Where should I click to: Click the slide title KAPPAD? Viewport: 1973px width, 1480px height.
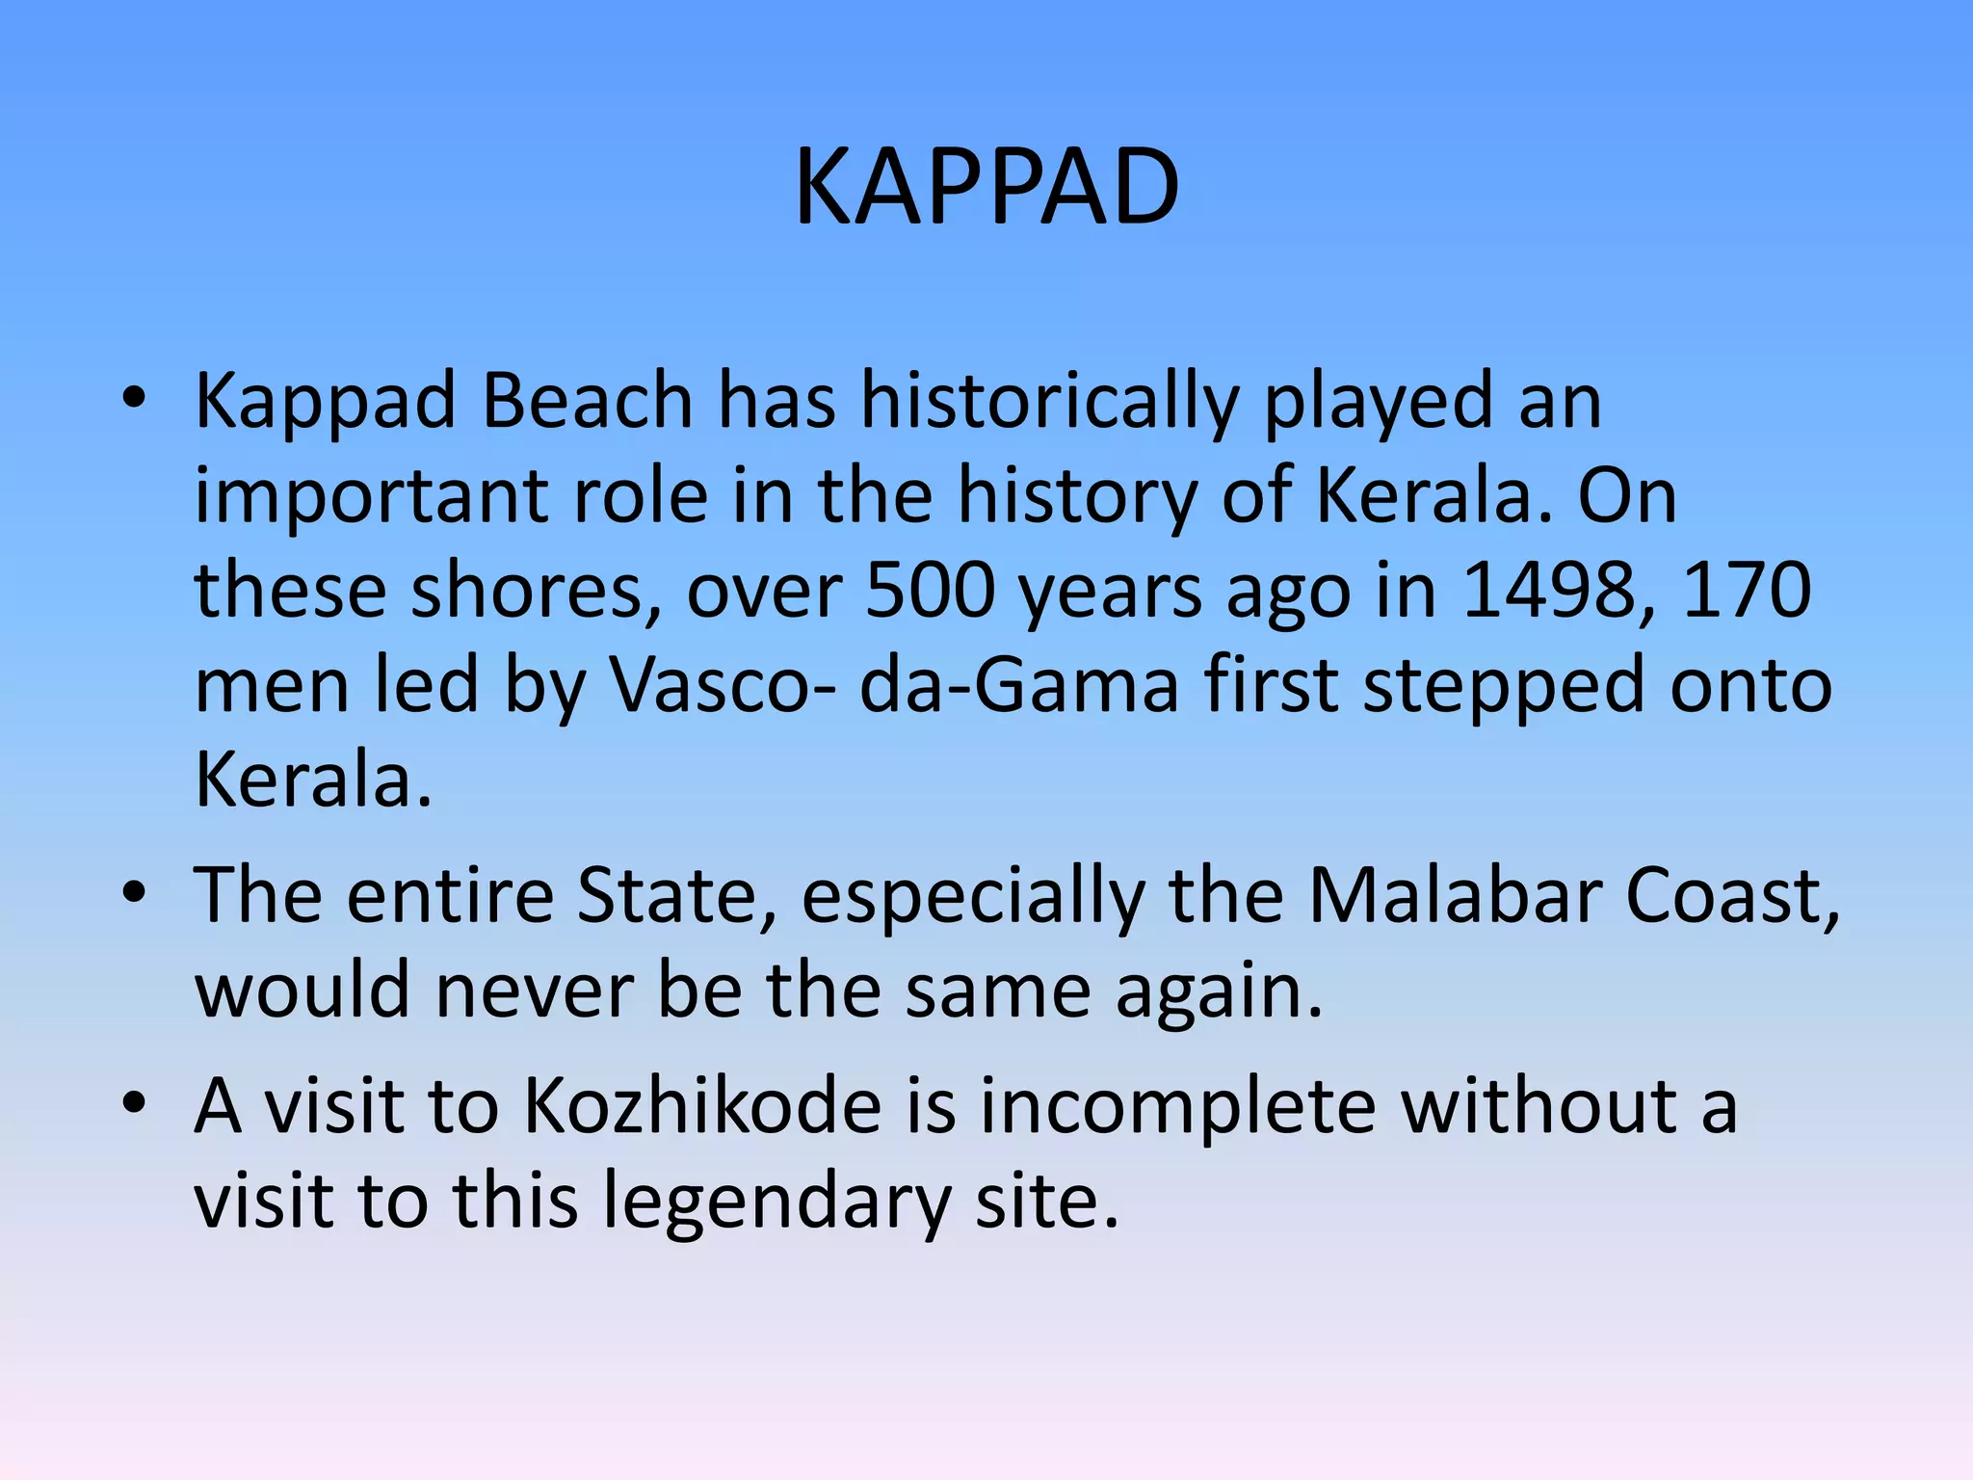(x=986, y=187)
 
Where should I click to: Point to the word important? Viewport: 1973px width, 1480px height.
(x=371, y=497)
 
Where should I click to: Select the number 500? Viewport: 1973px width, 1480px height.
(x=930, y=590)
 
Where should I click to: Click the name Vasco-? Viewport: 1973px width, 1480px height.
(x=723, y=685)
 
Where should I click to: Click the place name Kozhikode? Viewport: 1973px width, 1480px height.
(x=702, y=1105)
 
